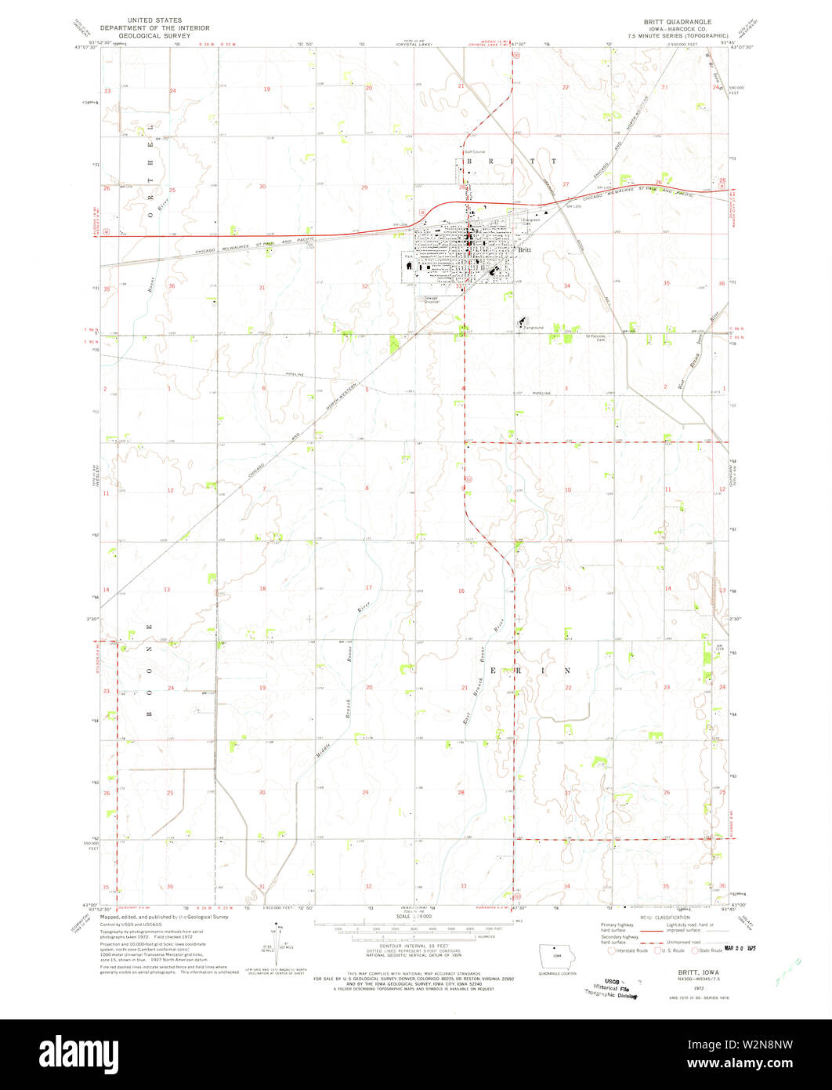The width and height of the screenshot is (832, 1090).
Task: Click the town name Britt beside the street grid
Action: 524,249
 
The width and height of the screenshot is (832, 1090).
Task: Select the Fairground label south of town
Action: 534,327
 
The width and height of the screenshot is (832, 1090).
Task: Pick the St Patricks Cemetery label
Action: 598,338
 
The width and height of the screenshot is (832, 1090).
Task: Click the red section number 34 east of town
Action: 566,286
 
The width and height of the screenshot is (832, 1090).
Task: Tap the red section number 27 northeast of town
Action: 566,184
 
